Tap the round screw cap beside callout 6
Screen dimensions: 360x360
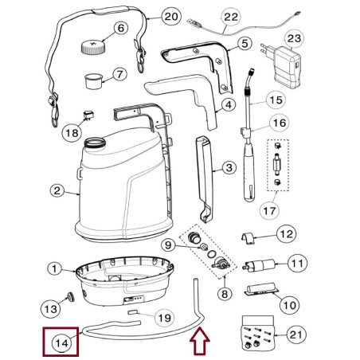tap(93, 46)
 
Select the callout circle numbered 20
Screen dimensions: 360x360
tap(170, 17)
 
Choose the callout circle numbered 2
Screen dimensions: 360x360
tap(57, 191)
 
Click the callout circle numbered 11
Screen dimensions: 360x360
tap(295, 262)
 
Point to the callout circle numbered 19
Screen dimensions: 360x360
tap(162, 319)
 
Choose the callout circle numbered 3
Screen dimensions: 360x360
tap(228, 168)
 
